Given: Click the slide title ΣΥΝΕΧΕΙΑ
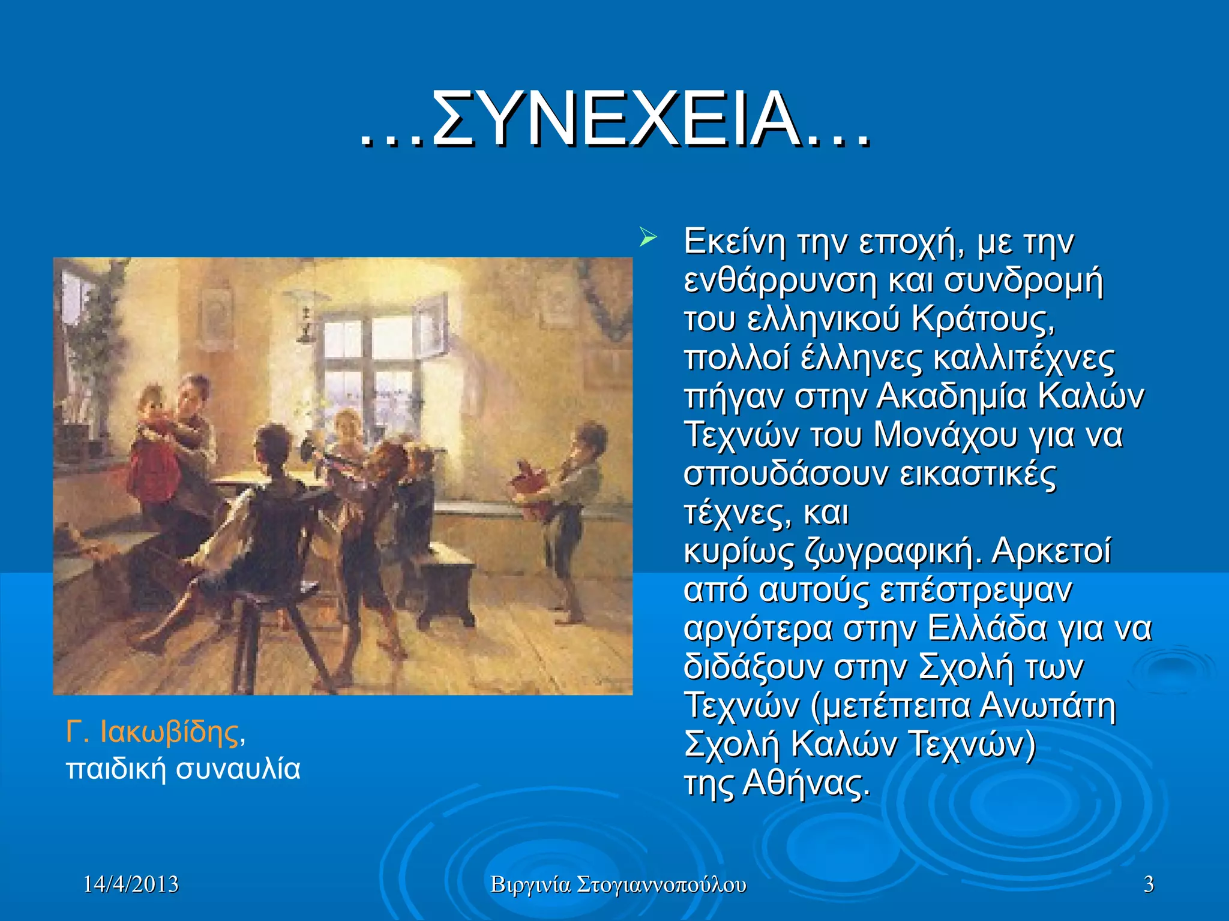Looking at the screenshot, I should click(x=615, y=119).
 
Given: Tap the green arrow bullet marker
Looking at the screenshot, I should click(x=648, y=238).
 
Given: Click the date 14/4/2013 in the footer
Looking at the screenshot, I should click(x=131, y=884).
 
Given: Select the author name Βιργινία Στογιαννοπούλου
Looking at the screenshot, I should click(x=618, y=884).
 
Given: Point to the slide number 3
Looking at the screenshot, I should click(x=1149, y=884).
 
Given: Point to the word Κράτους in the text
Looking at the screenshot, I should click(x=982, y=319).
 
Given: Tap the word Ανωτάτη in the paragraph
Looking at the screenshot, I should click(x=1048, y=706).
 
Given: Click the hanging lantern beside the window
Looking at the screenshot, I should click(x=307, y=318).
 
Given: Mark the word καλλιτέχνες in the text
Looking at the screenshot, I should click(x=1024, y=357).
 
